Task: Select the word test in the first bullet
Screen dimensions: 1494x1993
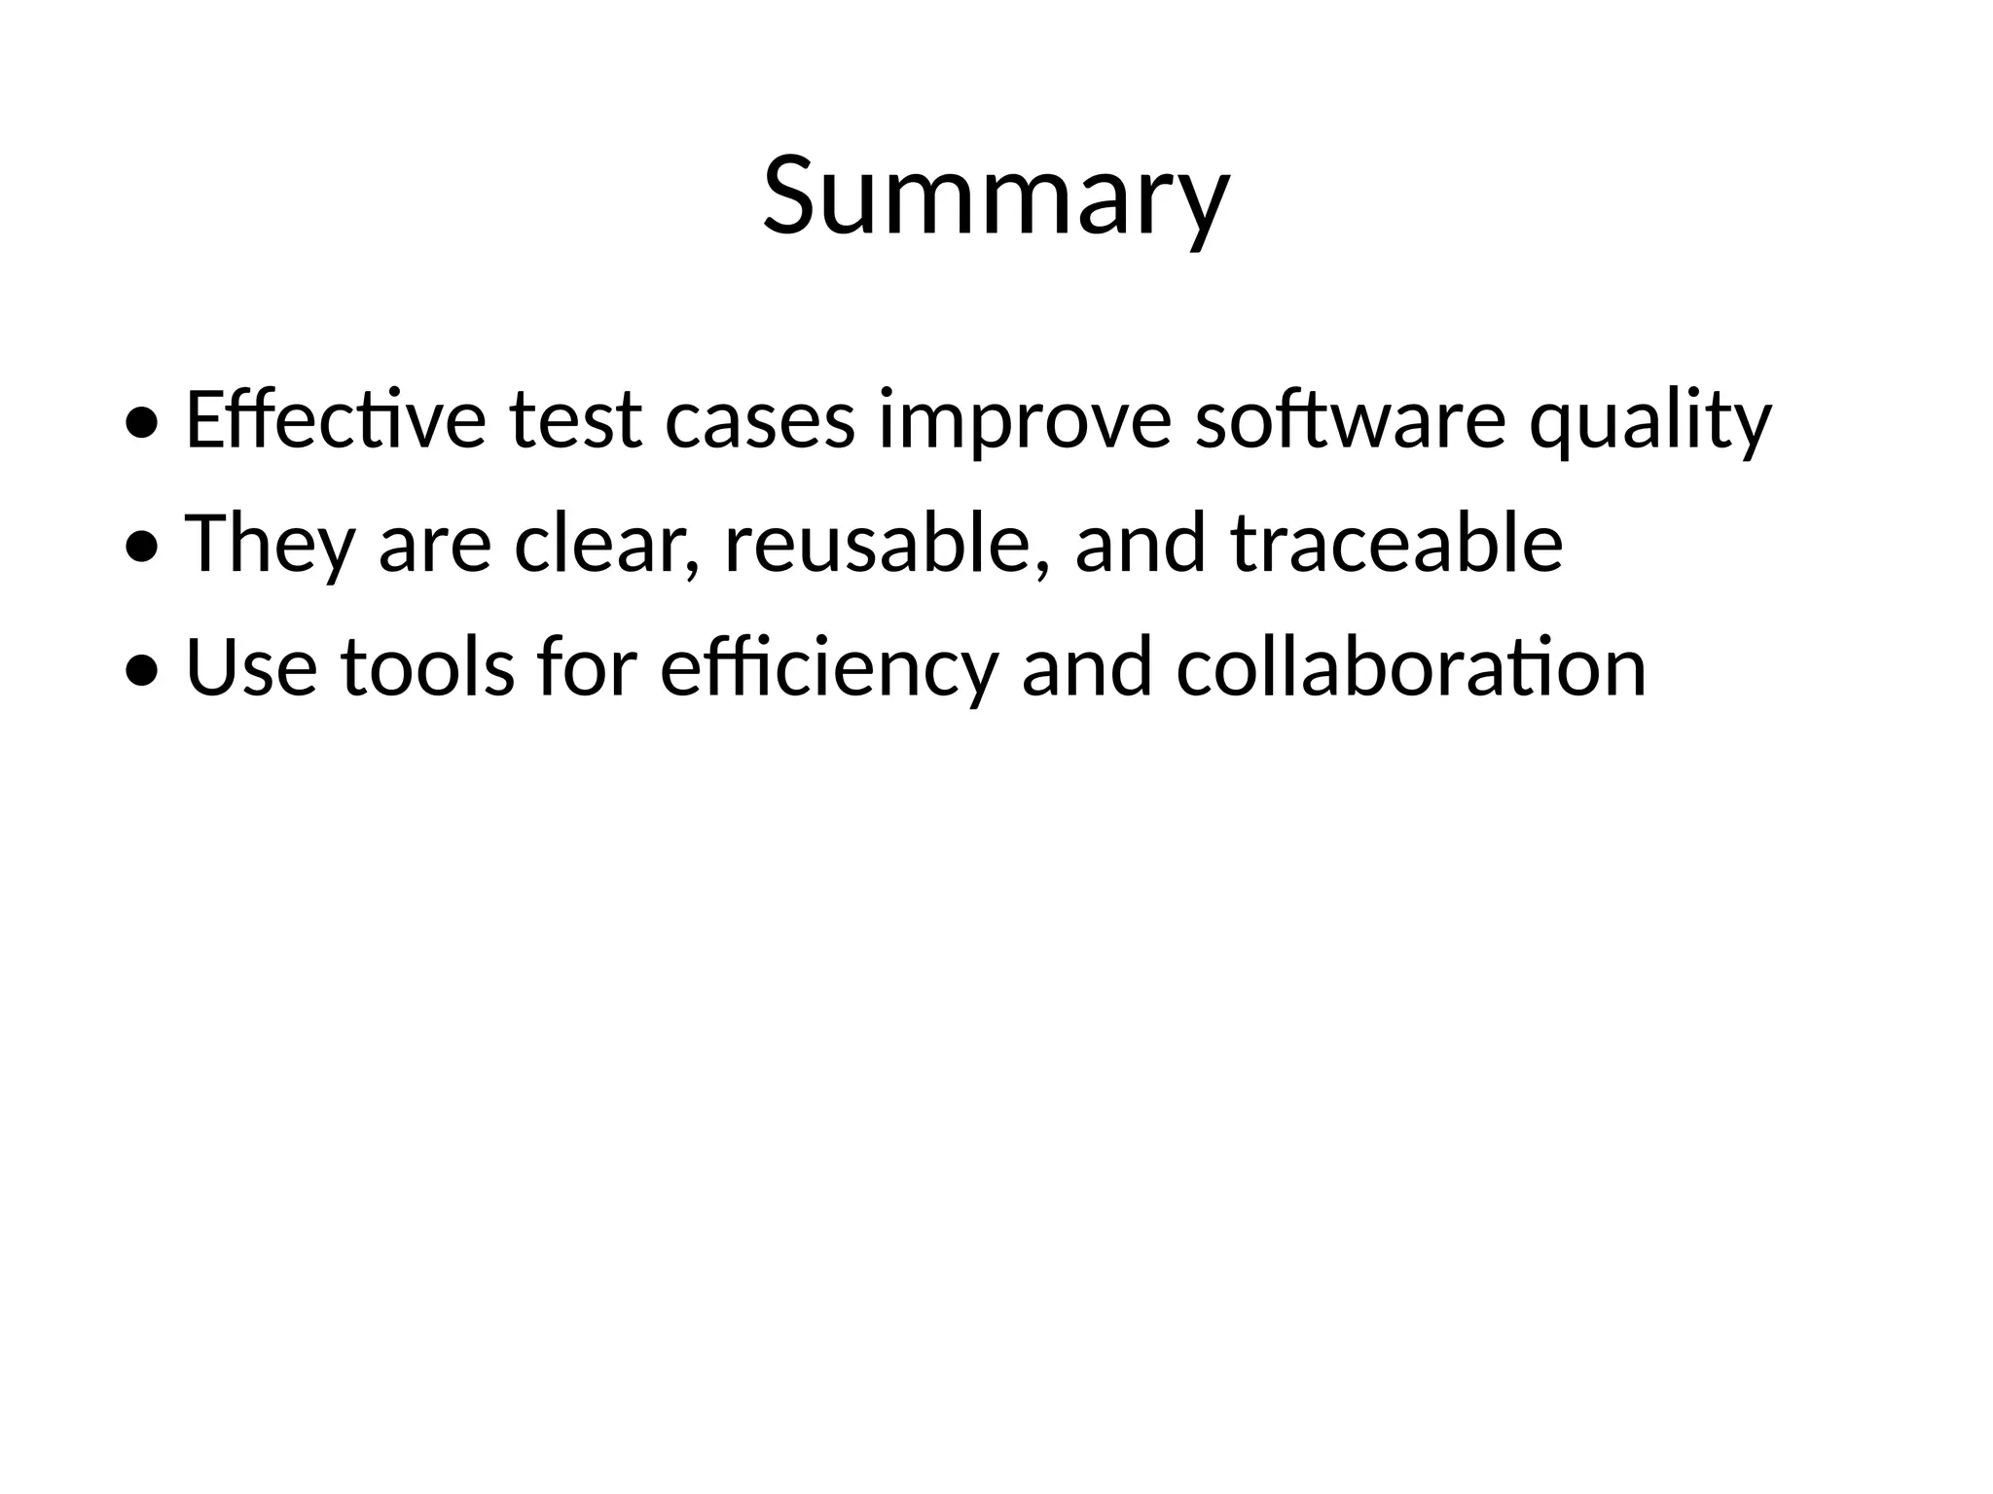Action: pos(575,419)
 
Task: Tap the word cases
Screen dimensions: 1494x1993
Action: pos(760,419)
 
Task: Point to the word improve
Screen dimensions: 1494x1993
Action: pos(1025,419)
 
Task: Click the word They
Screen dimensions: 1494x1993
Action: pos(270,543)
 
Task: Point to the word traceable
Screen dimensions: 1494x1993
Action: pos(1396,543)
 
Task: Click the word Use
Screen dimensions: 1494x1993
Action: pos(251,667)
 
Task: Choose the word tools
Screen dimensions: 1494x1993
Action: pos(427,667)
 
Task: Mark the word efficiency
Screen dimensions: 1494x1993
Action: pos(829,667)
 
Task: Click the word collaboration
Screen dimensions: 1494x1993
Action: pos(1411,667)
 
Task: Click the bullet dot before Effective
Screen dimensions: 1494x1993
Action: pos(142,423)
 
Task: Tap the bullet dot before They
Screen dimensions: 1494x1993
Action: pos(142,548)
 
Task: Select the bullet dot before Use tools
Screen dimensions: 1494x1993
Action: pos(142,671)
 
